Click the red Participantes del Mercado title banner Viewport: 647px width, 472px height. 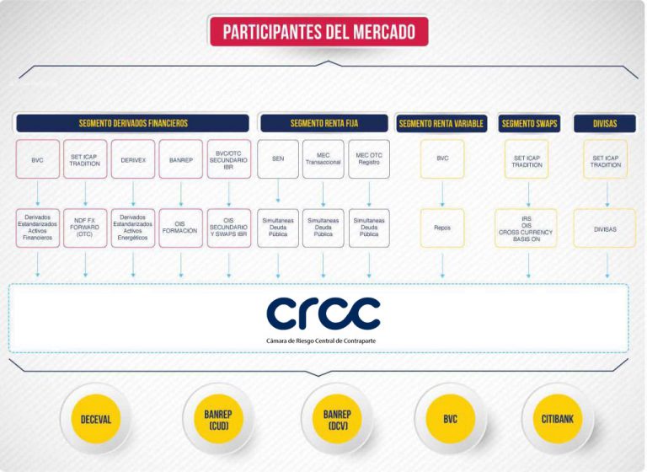click(x=319, y=31)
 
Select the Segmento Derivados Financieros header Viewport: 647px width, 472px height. click(x=132, y=123)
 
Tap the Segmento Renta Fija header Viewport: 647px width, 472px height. click(x=323, y=123)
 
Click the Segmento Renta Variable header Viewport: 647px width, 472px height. click(x=441, y=123)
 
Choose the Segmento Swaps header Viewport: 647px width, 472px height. click(x=529, y=123)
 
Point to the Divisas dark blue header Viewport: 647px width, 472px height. click(x=605, y=123)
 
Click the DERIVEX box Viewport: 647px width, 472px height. click(x=133, y=159)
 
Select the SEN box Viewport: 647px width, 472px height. click(x=278, y=159)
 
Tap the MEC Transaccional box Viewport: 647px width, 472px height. click(x=323, y=159)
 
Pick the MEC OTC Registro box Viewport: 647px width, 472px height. click(x=369, y=159)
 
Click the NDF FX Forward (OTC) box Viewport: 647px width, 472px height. click(x=85, y=228)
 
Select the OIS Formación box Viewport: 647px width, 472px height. click(x=181, y=228)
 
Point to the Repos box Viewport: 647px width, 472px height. click(x=442, y=228)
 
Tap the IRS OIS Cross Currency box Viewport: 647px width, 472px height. click(x=526, y=228)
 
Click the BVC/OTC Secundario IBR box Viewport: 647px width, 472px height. click(x=228, y=159)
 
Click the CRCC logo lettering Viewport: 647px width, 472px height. click(x=323, y=314)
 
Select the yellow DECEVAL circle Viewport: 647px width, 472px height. click(x=96, y=419)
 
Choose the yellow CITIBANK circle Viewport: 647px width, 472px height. click(x=558, y=419)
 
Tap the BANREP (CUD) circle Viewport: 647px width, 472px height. click(x=218, y=419)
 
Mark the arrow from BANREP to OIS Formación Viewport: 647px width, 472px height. click(x=181, y=194)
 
